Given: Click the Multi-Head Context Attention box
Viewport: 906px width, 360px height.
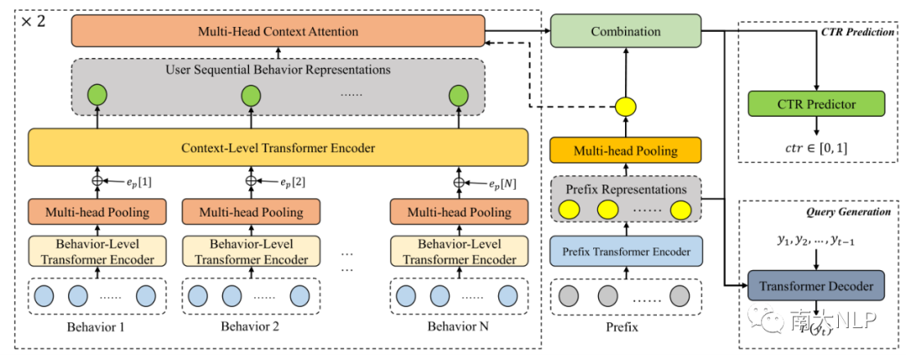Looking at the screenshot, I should coord(278,32).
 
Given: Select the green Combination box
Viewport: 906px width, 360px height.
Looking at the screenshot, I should coord(625,31).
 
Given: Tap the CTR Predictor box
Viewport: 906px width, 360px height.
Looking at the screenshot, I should coord(815,105).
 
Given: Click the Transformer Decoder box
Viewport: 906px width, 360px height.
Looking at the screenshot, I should coord(815,286).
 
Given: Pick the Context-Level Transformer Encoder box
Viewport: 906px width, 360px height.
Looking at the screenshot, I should coord(278,148).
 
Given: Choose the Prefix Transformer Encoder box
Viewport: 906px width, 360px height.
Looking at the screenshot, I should coord(625,251).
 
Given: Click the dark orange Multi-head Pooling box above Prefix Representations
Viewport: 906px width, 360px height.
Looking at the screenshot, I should coord(625,151).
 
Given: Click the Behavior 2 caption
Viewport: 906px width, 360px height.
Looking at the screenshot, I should coord(251,326).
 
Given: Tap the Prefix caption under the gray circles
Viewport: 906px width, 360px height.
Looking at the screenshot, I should coord(621,327).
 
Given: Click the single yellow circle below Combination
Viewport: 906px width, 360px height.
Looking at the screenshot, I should coord(625,107).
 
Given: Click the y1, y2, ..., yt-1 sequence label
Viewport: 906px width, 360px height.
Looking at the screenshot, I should coord(815,243).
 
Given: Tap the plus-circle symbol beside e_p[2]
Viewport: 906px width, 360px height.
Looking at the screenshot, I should coord(251,180).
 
